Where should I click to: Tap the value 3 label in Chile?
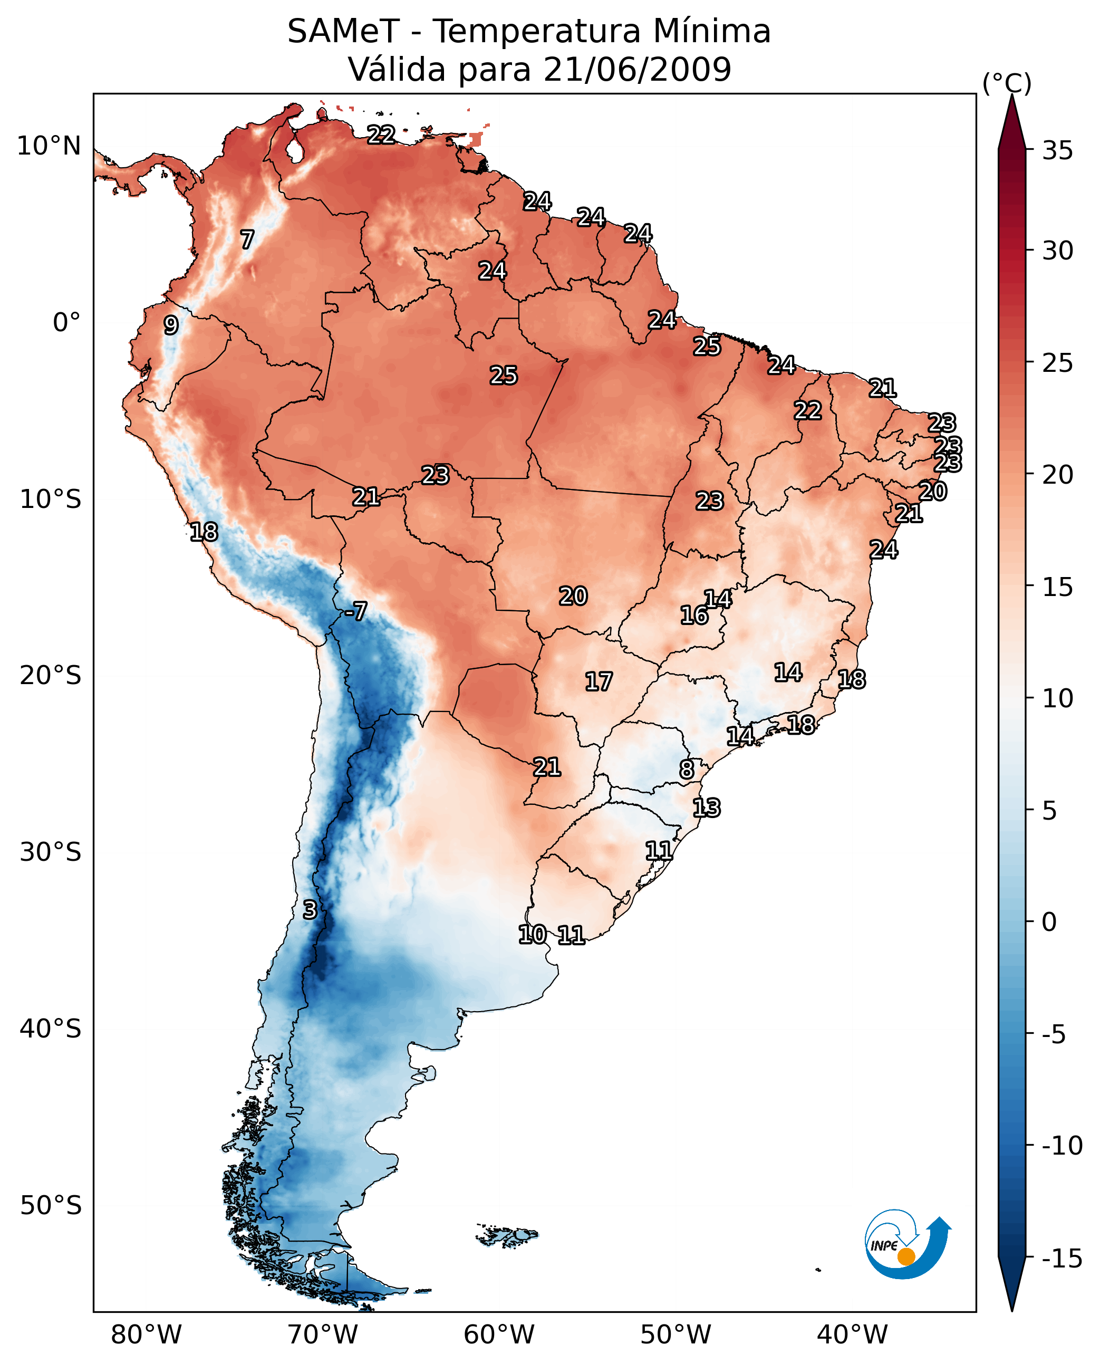click(x=309, y=909)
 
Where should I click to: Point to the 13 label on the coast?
click(x=706, y=808)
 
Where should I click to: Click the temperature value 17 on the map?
click(x=598, y=681)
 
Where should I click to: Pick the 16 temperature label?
click(x=694, y=615)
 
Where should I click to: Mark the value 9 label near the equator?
click(x=170, y=325)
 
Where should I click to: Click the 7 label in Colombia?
click(x=247, y=239)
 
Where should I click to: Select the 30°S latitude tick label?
click(x=50, y=852)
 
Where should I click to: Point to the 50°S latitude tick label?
click(x=50, y=1205)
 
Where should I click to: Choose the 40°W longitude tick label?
click(x=852, y=1334)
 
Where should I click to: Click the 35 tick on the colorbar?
click(x=1057, y=150)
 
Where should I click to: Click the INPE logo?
click(x=907, y=1244)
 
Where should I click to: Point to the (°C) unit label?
click(x=1007, y=83)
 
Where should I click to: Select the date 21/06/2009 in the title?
click(x=638, y=69)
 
